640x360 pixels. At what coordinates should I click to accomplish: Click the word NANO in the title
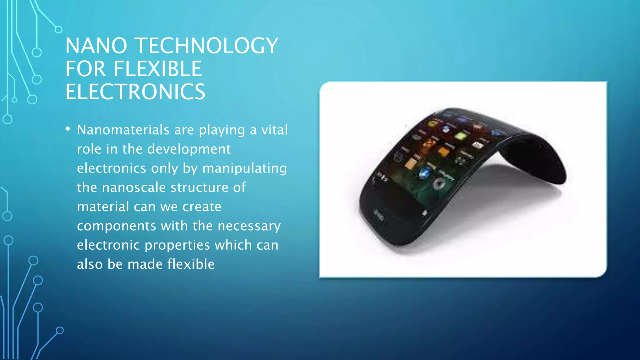[96, 46]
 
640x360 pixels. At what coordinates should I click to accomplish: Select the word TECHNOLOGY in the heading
[207, 46]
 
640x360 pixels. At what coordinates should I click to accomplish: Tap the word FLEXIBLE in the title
[157, 69]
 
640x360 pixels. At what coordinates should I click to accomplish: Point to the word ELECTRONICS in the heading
[135, 92]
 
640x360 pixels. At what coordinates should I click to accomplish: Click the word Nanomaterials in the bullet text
[123, 130]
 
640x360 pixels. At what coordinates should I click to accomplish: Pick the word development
[189, 149]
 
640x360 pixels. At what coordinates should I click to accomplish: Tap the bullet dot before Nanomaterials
[68, 129]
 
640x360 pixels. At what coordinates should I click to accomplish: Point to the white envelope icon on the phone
[477, 145]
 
